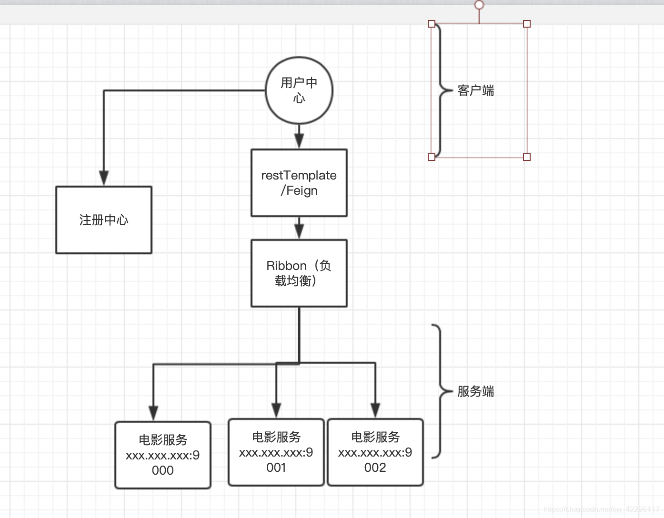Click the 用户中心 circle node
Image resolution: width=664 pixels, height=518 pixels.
pyautogui.click(x=299, y=90)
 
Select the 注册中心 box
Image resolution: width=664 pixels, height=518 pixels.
pyautogui.click(x=104, y=220)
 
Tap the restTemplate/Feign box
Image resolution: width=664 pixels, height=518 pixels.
pyautogui.click(x=299, y=183)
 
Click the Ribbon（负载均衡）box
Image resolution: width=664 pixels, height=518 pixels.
pyautogui.click(x=299, y=273)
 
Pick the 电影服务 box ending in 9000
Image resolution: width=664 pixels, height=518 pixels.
pyautogui.click(x=163, y=455)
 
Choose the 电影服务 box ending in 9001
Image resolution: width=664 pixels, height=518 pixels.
pyautogui.click(x=276, y=452)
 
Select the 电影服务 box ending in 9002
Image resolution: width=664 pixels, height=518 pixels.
pyautogui.click(x=375, y=452)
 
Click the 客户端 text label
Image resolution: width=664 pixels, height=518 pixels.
pyautogui.click(x=475, y=90)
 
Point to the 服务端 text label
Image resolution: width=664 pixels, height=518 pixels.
pyautogui.click(x=475, y=391)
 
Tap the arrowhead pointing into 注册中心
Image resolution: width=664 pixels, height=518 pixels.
pyautogui.click(x=104, y=178)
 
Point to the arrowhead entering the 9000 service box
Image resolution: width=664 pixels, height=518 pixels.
pyautogui.click(x=153, y=413)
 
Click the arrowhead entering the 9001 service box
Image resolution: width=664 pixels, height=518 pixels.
pyautogui.click(x=276, y=410)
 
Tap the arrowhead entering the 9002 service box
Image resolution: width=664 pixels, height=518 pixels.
pyautogui.click(x=375, y=410)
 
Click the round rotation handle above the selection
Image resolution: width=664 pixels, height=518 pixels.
pyautogui.click(x=479, y=5)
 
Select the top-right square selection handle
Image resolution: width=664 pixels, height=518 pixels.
pyautogui.click(x=527, y=24)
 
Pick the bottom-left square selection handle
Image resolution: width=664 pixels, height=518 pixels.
pyautogui.click(x=432, y=157)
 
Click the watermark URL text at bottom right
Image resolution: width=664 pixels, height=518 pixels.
pyautogui.click(x=601, y=509)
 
